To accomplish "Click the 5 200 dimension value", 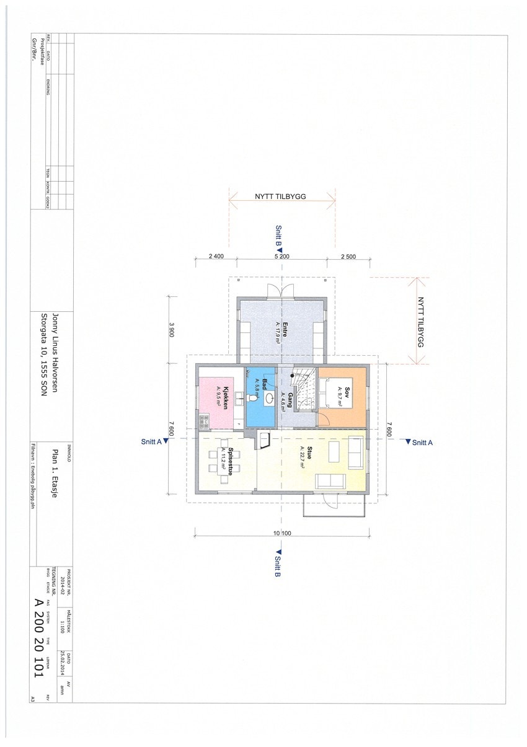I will (281, 256).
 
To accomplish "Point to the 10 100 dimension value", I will (282, 533).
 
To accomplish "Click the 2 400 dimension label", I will (216, 256).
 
